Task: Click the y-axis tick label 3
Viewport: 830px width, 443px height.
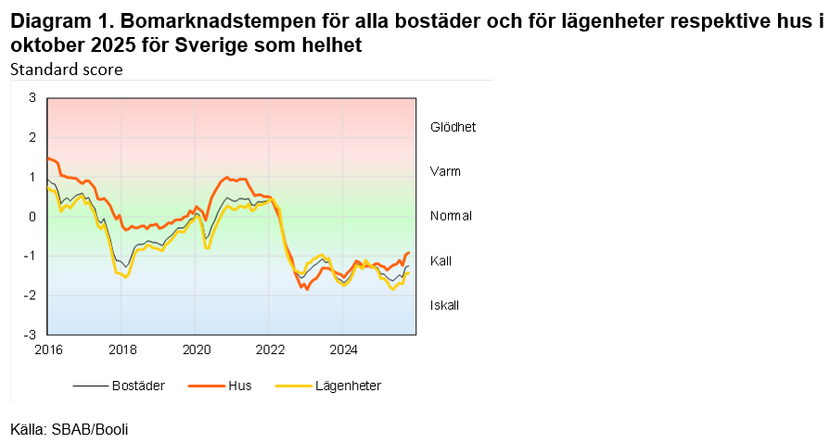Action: click(32, 97)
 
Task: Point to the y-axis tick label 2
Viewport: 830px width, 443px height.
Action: click(32, 137)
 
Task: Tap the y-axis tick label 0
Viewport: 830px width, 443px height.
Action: click(32, 216)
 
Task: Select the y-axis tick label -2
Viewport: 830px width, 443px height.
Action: click(31, 295)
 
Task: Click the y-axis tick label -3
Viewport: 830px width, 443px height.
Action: click(31, 335)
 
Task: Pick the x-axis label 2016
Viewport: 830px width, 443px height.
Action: click(47, 349)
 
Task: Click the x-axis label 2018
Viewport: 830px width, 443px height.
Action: click(121, 349)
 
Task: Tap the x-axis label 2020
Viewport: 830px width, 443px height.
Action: click(196, 349)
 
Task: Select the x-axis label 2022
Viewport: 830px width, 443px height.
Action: click(270, 349)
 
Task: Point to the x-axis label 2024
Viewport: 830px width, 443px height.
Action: click(344, 349)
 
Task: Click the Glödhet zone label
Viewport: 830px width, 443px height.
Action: click(453, 127)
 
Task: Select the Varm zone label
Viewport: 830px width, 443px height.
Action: click(445, 171)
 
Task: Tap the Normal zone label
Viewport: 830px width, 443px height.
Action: click(452, 216)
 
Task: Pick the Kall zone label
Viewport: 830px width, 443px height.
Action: click(441, 260)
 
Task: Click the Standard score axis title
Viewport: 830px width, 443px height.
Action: click(67, 70)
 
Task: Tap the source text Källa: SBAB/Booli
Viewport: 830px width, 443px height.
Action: click(70, 429)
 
